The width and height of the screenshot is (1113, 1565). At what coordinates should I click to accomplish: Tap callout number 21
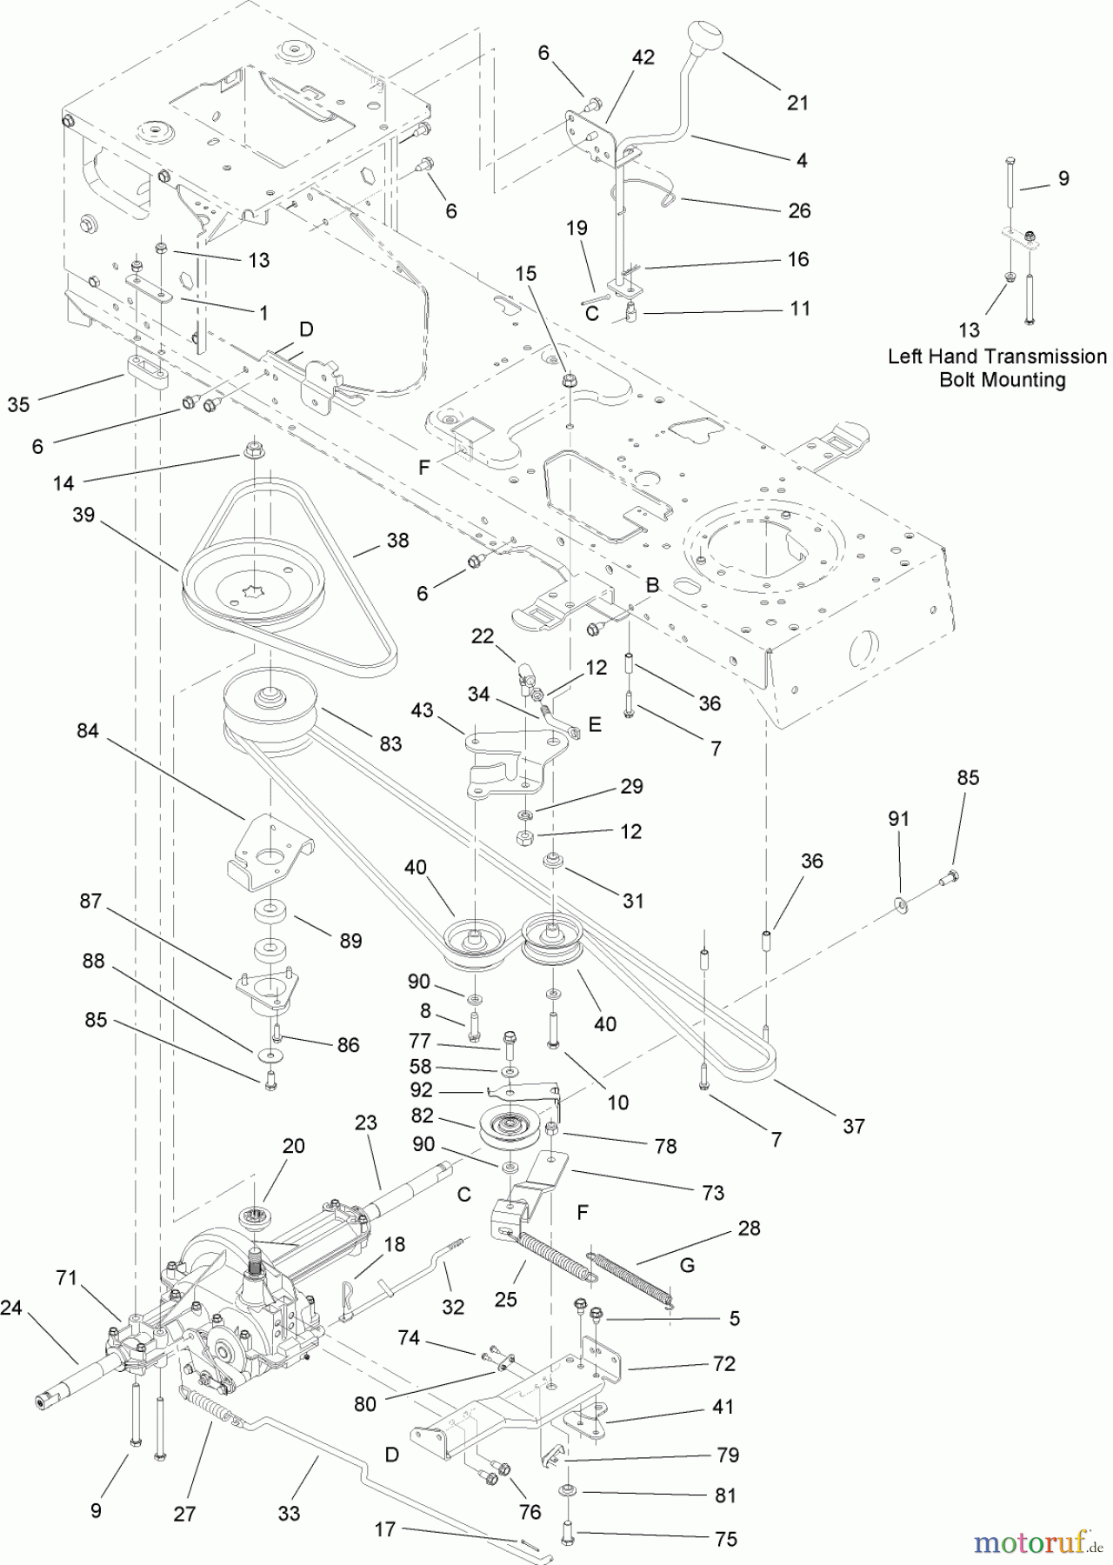click(797, 103)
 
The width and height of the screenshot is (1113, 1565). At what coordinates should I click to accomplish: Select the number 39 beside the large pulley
click(83, 515)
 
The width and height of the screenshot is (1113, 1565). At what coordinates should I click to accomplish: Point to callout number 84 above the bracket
click(88, 731)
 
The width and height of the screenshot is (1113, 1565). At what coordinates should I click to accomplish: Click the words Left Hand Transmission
click(996, 356)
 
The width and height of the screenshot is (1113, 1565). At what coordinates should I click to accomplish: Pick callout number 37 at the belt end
click(854, 1126)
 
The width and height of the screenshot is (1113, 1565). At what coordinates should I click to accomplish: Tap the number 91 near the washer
click(899, 818)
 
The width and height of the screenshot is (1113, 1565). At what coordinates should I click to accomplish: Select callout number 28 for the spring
click(749, 1228)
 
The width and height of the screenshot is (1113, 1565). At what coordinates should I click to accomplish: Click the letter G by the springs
click(687, 1265)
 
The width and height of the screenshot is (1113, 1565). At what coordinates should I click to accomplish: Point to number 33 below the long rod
click(289, 1513)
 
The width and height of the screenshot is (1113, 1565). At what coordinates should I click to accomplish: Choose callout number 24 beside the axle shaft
click(11, 1307)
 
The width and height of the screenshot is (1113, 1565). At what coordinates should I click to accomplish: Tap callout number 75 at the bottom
click(725, 1539)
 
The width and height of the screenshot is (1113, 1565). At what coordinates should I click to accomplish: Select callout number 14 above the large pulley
click(63, 483)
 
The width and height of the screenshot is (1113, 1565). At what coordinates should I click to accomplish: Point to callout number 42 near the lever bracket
click(643, 57)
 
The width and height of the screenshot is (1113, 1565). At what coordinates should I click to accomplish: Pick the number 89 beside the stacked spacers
click(350, 941)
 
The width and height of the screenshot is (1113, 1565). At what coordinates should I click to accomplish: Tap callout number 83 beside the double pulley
click(390, 743)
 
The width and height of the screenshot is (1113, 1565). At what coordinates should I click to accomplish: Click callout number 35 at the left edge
click(18, 404)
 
